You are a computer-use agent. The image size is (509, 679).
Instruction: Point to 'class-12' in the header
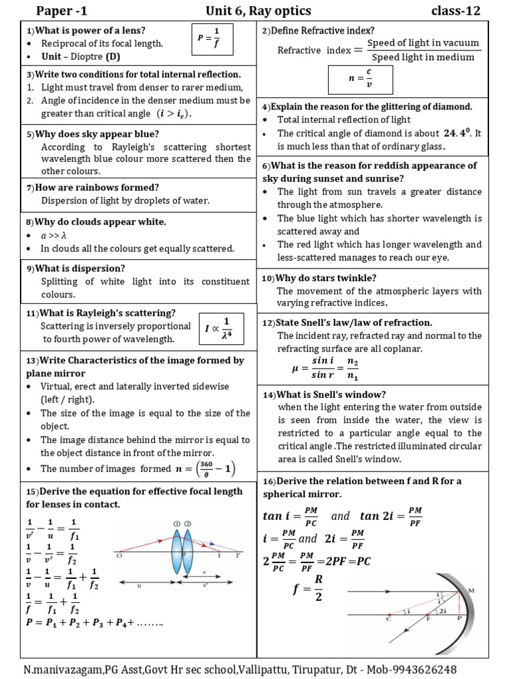(x=455, y=11)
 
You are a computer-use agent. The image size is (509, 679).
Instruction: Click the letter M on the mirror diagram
(x=490, y=589)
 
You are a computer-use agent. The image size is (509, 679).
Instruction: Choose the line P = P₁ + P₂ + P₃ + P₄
(x=93, y=623)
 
